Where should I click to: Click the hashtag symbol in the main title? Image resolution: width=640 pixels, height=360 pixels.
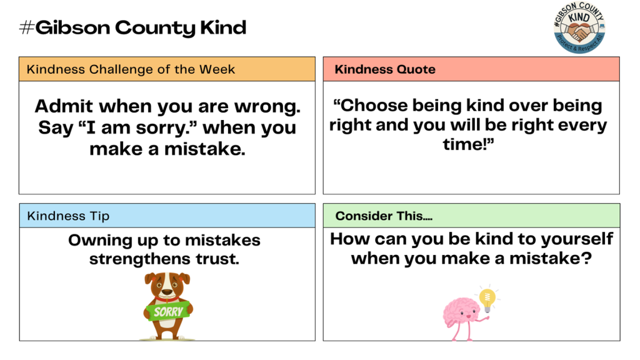(26, 28)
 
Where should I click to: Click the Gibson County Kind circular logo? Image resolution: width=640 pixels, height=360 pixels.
(579, 28)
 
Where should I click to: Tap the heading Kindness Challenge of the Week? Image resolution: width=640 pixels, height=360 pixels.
(131, 69)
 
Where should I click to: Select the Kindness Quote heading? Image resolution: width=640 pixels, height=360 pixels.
(385, 69)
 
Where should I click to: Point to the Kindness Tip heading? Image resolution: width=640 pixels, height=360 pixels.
(68, 216)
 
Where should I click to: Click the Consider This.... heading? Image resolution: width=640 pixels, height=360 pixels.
(384, 216)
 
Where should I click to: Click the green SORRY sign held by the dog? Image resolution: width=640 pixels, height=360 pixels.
(168, 311)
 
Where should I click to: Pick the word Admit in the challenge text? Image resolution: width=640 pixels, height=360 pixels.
(64, 106)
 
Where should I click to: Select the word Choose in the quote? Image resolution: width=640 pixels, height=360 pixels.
(372, 106)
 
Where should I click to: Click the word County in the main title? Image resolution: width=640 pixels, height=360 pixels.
(155, 28)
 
